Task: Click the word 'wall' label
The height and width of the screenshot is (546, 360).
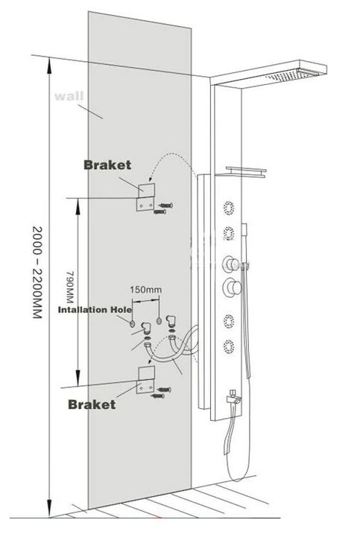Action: click(x=69, y=96)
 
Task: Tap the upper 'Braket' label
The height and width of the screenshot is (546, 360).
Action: click(x=107, y=165)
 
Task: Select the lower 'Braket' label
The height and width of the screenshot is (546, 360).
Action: click(x=92, y=404)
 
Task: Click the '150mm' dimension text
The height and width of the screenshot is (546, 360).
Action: click(x=145, y=289)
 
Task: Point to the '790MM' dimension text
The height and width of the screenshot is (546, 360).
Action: click(x=70, y=288)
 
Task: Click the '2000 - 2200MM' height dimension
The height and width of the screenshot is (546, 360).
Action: click(x=37, y=273)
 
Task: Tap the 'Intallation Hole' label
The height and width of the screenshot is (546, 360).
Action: click(x=95, y=309)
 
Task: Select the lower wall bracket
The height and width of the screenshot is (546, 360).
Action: click(x=145, y=380)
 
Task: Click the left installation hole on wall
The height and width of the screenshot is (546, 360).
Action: click(x=133, y=323)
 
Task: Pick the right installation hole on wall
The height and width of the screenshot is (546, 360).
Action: click(x=159, y=321)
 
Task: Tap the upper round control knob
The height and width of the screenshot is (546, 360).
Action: click(x=231, y=264)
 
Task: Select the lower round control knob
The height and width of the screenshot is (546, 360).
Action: click(x=232, y=288)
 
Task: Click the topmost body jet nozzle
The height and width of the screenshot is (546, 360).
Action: click(x=229, y=208)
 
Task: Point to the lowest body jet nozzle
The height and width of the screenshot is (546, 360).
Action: click(x=229, y=347)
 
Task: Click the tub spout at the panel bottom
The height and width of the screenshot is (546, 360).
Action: click(x=233, y=398)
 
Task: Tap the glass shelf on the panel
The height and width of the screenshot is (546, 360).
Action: click(x=246, y=172)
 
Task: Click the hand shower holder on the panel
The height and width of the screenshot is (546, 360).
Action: click(x=245, y=265)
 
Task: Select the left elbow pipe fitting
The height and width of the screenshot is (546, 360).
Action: click(x=147, y=328)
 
